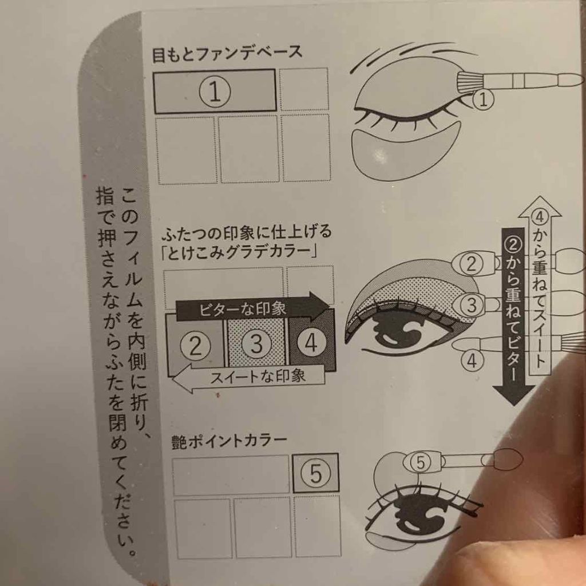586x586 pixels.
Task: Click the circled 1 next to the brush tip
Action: coord(484,101)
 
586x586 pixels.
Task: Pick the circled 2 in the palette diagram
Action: coord(196,346)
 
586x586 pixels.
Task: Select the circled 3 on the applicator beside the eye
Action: coord(472,304)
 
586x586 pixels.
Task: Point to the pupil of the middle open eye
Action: coord(401,332)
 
